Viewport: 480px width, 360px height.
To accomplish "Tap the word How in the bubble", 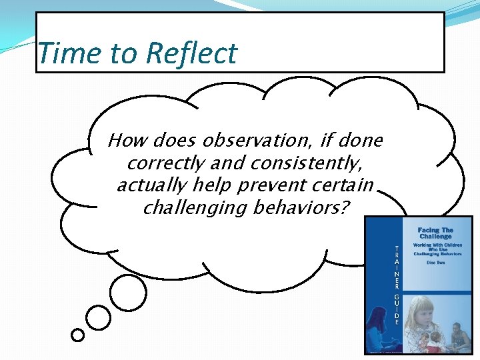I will (x=128, y=141).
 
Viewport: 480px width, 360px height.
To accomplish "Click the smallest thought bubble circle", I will (x=78, y=335).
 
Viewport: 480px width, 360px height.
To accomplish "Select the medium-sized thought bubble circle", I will (x=99, y=318).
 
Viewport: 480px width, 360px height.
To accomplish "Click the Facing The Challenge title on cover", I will (x=435, y=233).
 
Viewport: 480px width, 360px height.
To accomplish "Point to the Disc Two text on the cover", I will (x=435, y=261).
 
